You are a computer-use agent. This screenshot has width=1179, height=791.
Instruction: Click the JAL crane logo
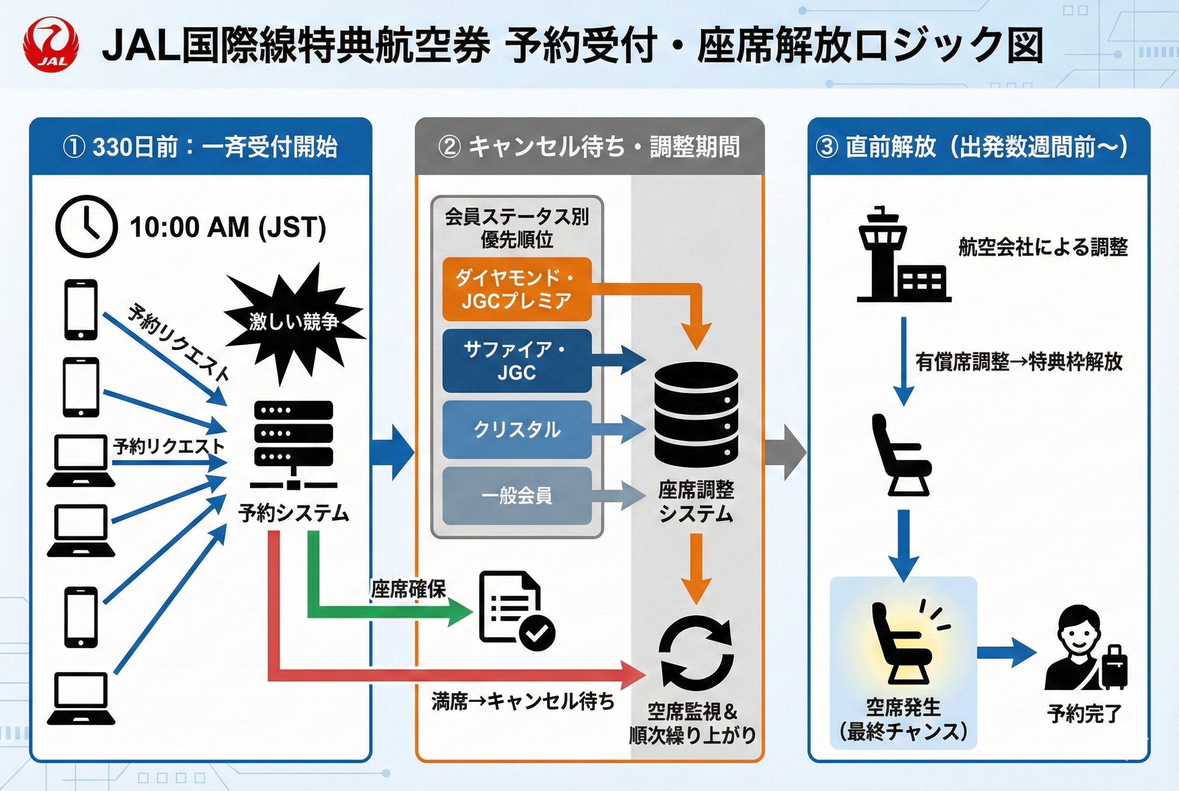(x=51, y=44)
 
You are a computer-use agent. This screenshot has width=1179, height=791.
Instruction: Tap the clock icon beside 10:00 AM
(x=86, y=227)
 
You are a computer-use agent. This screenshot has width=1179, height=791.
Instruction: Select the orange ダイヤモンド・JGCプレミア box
(x=517, y=289)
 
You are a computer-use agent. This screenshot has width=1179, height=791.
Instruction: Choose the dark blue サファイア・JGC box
(x=517, y=361)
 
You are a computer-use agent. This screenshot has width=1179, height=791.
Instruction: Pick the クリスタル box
(x=517, y=429)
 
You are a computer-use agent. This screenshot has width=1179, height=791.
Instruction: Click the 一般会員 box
(x=517, y=496)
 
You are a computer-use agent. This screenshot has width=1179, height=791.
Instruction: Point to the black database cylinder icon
(x=696, y=415)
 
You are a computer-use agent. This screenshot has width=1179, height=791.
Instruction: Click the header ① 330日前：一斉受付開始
(x=200, y=147)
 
